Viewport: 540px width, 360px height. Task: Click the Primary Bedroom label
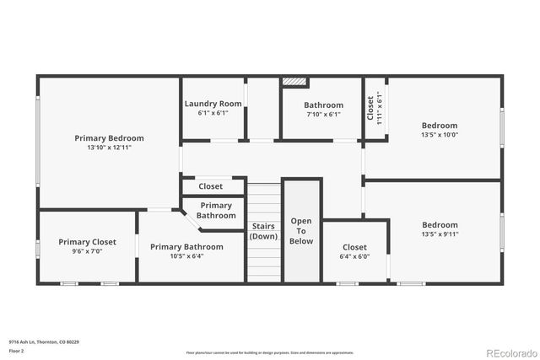[109, 138]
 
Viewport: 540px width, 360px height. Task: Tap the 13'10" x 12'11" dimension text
[109, 147]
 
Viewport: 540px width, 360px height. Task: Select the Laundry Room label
[213, 104]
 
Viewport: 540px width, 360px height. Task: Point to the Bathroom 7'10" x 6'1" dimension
[323, 115]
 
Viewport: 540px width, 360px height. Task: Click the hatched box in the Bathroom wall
[294, 82]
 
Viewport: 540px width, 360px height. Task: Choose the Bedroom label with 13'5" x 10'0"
[439, 126]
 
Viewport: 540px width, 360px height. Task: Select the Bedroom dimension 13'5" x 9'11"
[439, 234]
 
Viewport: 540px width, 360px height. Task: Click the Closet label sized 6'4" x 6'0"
[354, 247]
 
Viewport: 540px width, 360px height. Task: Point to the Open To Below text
[301, 230]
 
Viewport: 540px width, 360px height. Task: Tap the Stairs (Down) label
[263, 231]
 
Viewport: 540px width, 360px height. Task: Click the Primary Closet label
[87, 242]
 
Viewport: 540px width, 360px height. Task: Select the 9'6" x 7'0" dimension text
[87, 251]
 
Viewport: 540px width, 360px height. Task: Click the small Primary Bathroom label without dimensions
[216, 210]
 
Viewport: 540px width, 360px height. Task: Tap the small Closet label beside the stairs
[210, 186]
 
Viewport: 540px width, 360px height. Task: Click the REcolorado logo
[509, 352]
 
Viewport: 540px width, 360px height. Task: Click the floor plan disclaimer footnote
[270, 352]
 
